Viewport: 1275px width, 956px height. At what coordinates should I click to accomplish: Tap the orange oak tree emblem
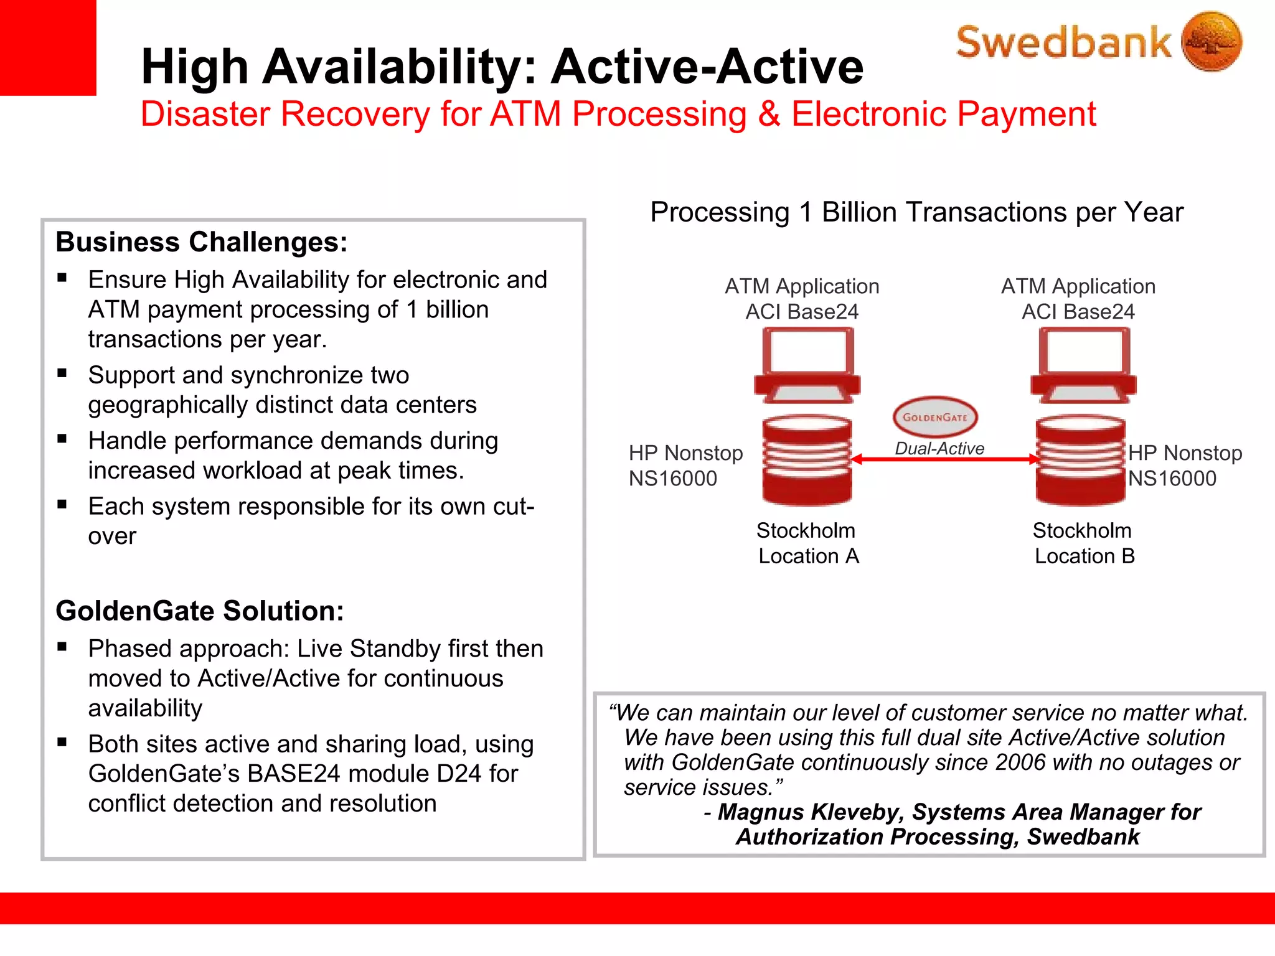[1211, 41]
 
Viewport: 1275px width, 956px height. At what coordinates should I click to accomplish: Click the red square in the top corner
[48, 47]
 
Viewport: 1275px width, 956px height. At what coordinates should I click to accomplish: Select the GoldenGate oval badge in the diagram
[934, 417]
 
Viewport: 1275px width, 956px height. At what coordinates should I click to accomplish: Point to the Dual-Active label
[939, 448]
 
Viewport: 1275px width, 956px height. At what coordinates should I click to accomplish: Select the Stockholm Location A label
[807, 543]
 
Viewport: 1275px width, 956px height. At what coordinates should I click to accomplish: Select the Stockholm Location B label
[1084, 543]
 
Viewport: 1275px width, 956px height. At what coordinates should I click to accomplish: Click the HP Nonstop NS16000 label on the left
[685, 465]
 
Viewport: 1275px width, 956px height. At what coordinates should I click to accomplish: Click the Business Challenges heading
[201, 241]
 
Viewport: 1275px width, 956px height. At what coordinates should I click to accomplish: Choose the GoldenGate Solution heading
[199, 611]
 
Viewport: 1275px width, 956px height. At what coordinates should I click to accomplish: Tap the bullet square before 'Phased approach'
[62, 646]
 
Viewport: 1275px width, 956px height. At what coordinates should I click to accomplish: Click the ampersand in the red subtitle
[768, 115]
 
